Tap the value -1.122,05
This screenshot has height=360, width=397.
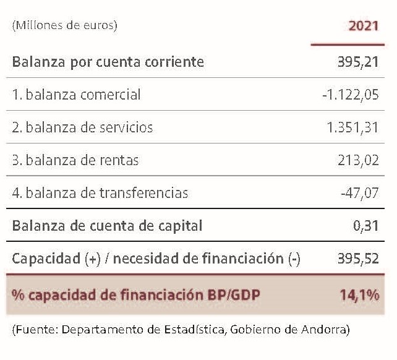click(x=351, y=95)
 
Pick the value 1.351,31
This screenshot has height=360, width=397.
click(x=352, y=127)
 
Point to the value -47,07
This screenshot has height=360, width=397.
click(x=360, y=193)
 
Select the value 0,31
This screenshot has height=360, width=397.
click(x=366, y=226)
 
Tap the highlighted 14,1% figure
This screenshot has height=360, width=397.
click(x=359, y=294)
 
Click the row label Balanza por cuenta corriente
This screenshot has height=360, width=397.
click(x=108, y=62)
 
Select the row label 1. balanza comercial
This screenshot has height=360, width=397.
click(x=77, y=95)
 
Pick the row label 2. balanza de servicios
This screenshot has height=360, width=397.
click(x=82, y=127)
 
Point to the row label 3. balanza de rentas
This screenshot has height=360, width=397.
click(x=75, y=160)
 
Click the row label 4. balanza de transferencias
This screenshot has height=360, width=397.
click(x=100, y=193)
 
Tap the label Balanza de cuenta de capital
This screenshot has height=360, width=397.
click(x=107, y=226)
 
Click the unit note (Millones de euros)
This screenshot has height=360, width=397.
click(x=64, y=25)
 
